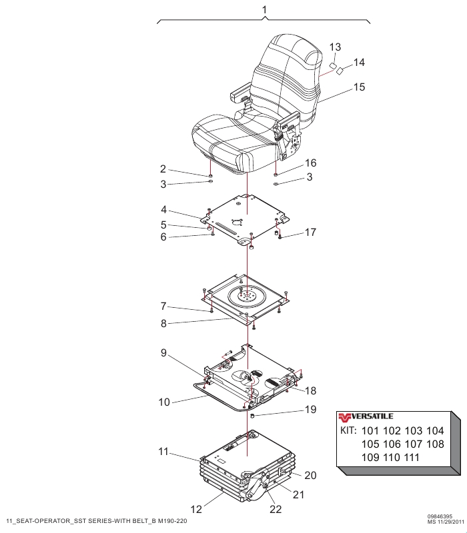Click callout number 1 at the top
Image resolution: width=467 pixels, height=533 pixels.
[264, 10]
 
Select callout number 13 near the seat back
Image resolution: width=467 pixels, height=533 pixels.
[335, 47]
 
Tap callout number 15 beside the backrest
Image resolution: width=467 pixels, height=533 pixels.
[359, 87]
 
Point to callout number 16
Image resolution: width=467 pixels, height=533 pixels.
[310, 163]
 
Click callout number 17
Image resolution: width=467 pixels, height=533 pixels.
[310, 233]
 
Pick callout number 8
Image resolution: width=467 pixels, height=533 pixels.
[163, 323]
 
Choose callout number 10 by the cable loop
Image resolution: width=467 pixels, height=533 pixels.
[164, 402]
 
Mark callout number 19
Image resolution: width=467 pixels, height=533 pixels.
[310, 410]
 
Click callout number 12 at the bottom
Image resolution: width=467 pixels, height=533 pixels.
[196, 509]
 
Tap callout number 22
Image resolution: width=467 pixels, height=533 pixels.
[276, 509]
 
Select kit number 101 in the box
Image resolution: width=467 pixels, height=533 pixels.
[370, 430]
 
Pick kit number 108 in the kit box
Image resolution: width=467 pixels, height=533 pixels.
[435, 444]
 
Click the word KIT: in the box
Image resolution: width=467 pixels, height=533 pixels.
[348, 430]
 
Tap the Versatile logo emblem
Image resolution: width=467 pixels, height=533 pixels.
[344, 417]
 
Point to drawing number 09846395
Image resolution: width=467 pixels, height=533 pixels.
[440, 517]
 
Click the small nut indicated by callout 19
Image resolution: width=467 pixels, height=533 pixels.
[253, 416]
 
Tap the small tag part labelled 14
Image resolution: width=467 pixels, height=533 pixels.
[340, 71]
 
